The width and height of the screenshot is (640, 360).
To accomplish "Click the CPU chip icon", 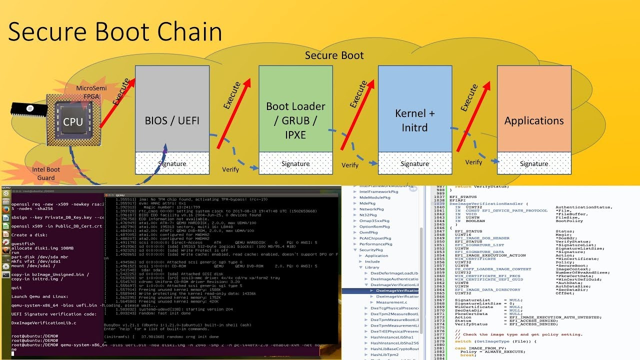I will [x=73, y=121].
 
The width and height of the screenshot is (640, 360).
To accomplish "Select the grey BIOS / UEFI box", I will [x=172, y=120].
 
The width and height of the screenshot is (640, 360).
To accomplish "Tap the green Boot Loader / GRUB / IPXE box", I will [x=295, y=120].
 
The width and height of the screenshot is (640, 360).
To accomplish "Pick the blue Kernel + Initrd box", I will [x=415, y=120].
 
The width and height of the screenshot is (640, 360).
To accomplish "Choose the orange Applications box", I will [x=534, y=120].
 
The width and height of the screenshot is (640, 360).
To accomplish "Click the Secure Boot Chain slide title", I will [x=115, y=31].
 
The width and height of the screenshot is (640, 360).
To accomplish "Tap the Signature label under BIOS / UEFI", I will [x=172, y=163].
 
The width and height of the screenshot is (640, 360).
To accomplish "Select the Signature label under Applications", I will [x=534, y=163].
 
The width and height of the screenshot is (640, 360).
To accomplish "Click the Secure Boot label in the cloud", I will [x=334, y=55].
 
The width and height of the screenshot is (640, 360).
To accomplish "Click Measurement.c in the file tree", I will [x=391, y=302].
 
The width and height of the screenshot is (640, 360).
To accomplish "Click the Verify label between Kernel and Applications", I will [x=473, y=162].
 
